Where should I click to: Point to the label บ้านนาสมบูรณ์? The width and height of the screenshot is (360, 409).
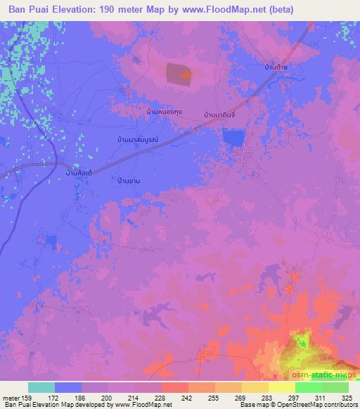(x=137, y=140)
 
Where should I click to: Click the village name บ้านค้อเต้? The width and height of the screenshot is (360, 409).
(x=78, y=171)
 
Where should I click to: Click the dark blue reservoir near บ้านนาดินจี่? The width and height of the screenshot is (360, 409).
(x=233, y=139)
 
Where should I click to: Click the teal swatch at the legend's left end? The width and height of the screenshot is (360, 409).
(x=41, y=387)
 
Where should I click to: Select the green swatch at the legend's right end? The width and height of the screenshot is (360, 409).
(x=335, y=387)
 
